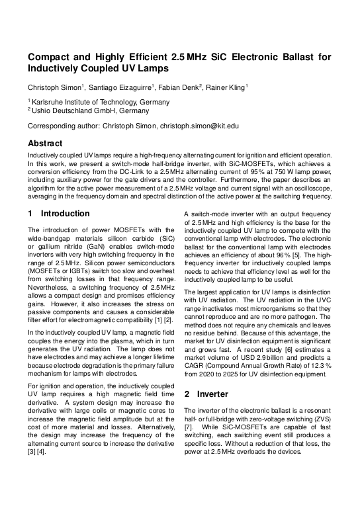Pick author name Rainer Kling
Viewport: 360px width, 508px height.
(x=226, y=87)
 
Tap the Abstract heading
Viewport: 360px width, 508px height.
(x=45, y=143)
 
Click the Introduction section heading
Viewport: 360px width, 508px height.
(x=65, y=214)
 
